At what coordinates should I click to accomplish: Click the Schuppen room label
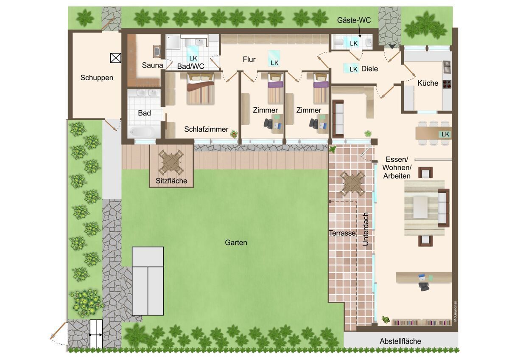(x=97, y=78)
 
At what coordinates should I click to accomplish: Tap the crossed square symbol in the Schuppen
(x=115, y=58)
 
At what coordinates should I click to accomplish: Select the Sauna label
(x=152, y=65)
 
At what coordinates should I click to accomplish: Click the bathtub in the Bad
(x=142, y=132)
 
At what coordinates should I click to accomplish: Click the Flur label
(x=249, y=59)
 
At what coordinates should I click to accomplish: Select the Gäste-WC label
(x=354, y=20)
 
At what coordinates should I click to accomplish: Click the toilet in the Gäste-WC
(x=339, y=42)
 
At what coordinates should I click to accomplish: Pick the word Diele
(x=369, y=69)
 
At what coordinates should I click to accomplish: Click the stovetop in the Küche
(x=447, y=84)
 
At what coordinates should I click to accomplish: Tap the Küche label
(x=428, y=83)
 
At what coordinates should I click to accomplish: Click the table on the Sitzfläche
(x=171, y=162)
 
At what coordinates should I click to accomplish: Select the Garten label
(x=236, y=243)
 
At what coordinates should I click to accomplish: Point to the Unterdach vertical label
(x=365, y=229)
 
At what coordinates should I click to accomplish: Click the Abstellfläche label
(x=400, y=341)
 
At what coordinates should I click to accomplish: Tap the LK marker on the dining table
(x=445, y=135)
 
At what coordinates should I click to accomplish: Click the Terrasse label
(x=342, y=233)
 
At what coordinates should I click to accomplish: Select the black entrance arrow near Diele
(x=392, y=46)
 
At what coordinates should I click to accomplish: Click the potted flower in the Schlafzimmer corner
(x=234, y=134)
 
